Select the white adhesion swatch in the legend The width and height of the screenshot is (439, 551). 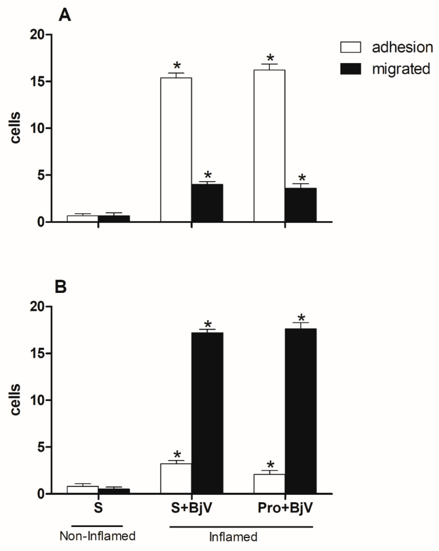click(x=350, y=47)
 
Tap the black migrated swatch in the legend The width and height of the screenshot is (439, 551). click(x=350, y=69)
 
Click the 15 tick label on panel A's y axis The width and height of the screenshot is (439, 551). click(x=37, y=81)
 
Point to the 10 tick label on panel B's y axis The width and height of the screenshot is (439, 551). click(x=37, y=400)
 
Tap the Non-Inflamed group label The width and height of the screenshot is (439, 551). click(x=97, y=536)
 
